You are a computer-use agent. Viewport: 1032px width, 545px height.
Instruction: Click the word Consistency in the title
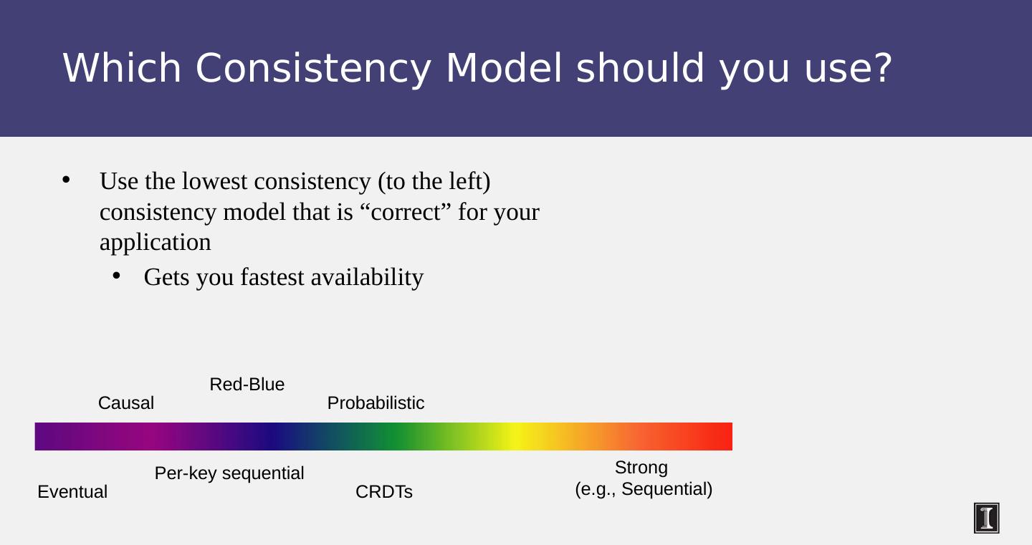click(x=313, y=69)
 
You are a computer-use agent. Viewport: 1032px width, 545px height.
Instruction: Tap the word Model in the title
click(x=504, y=68)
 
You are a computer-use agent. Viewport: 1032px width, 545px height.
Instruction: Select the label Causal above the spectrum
click(x=126, y=403)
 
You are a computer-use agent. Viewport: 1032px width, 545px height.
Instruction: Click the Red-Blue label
click(x=247, y=385)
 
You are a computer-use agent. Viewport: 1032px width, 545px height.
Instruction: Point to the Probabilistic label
click(x=376, y=403)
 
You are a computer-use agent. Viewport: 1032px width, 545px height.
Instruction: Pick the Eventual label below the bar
click(x=72, y=491)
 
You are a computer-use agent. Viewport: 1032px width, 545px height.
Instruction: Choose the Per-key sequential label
click(x=229, y=473)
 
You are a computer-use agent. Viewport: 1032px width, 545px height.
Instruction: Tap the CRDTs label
click(x=384, y=491)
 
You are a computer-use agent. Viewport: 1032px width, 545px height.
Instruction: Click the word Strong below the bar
click(x=641, y=468)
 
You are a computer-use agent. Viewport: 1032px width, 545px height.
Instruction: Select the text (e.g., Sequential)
click(x=644, y=489)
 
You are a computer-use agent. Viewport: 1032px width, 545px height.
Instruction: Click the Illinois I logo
click(x=986, y=518)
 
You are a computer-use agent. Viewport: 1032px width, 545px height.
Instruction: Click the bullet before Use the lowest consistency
click(x=66, y=180)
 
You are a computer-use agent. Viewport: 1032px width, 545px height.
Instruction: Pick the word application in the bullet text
click(x=156, y=243)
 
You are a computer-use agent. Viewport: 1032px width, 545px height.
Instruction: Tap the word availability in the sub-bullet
click(x=367, y=278)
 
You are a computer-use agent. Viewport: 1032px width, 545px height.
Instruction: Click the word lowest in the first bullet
click(x=215, y=181)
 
